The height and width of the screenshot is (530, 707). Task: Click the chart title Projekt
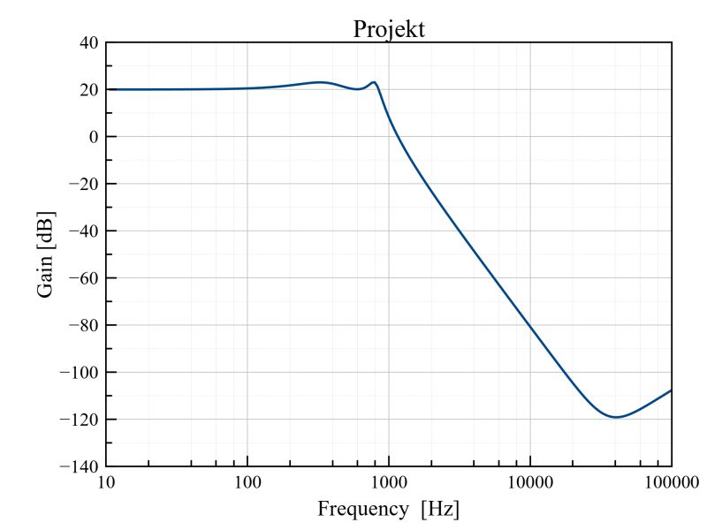389,29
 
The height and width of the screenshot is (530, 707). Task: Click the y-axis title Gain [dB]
46,254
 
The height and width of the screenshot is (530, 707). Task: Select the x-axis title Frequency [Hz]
389,510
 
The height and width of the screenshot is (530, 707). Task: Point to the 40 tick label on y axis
87,42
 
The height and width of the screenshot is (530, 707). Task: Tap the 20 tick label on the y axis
87,89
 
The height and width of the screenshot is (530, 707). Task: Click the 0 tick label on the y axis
91,137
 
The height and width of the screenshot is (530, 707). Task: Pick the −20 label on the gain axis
82,184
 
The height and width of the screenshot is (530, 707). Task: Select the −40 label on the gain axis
82,231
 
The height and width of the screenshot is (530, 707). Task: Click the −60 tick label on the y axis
82,278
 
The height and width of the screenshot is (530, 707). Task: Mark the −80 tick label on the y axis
82,325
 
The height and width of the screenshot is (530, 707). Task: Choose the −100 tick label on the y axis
78,372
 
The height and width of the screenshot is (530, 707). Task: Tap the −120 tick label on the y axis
78,420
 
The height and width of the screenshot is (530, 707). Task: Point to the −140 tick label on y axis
78,466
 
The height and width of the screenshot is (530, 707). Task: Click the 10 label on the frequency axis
106,482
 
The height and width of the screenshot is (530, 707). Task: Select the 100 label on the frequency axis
247,482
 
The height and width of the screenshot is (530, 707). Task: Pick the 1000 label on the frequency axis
389,482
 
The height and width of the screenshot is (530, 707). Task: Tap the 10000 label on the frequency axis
530,482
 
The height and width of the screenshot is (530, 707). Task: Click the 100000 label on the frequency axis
670,482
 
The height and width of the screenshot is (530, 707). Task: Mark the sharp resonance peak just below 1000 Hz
375,82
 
